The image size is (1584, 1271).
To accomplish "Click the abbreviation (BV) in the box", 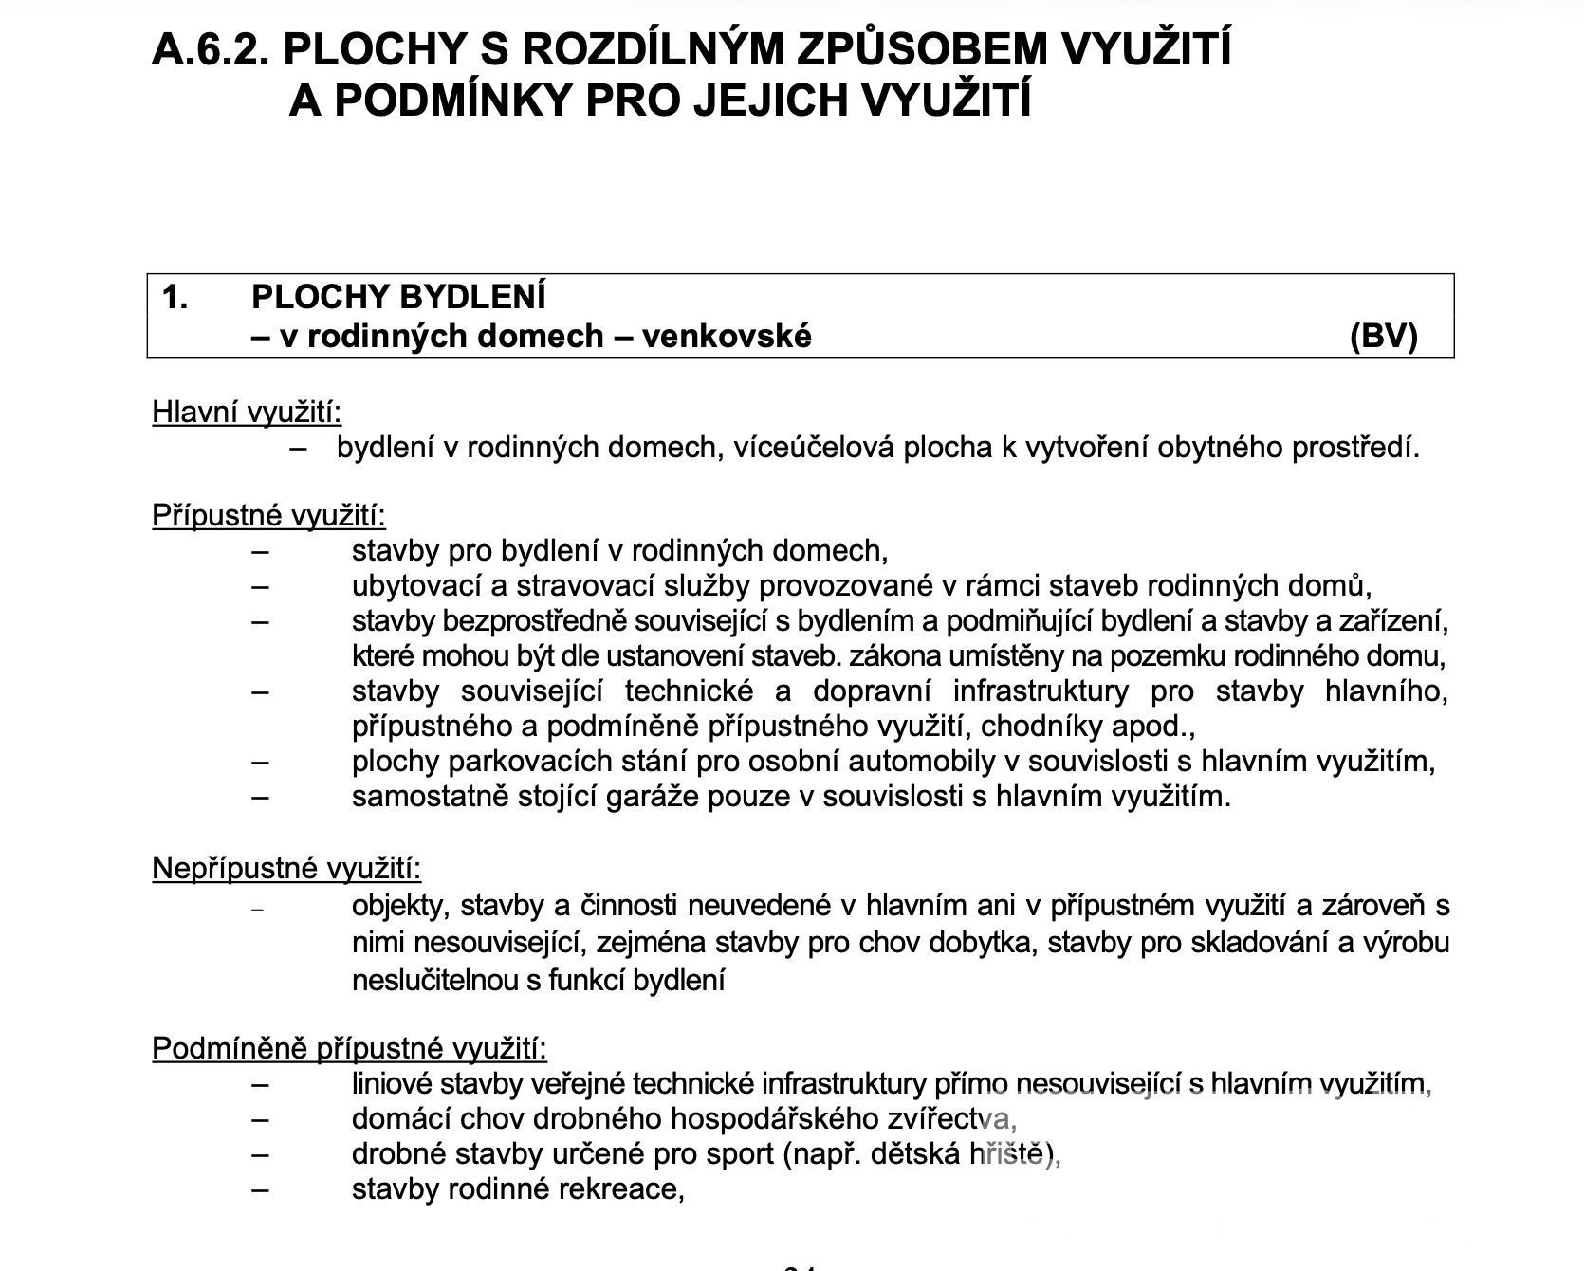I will [x=1383, y=336].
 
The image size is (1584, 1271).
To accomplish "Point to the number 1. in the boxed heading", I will [x=175, y=297].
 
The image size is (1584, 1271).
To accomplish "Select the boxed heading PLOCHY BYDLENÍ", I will [x=398, y=297].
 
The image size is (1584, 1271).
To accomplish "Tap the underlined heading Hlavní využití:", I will [x=247, y=413].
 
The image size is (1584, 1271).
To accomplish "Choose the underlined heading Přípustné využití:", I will [x=268, y=515].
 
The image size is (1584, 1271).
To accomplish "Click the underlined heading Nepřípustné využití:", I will [x=286, y=868].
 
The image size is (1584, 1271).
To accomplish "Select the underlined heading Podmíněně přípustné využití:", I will [x=349, y=1048].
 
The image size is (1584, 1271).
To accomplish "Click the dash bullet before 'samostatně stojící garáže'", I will [x=260, y=796].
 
